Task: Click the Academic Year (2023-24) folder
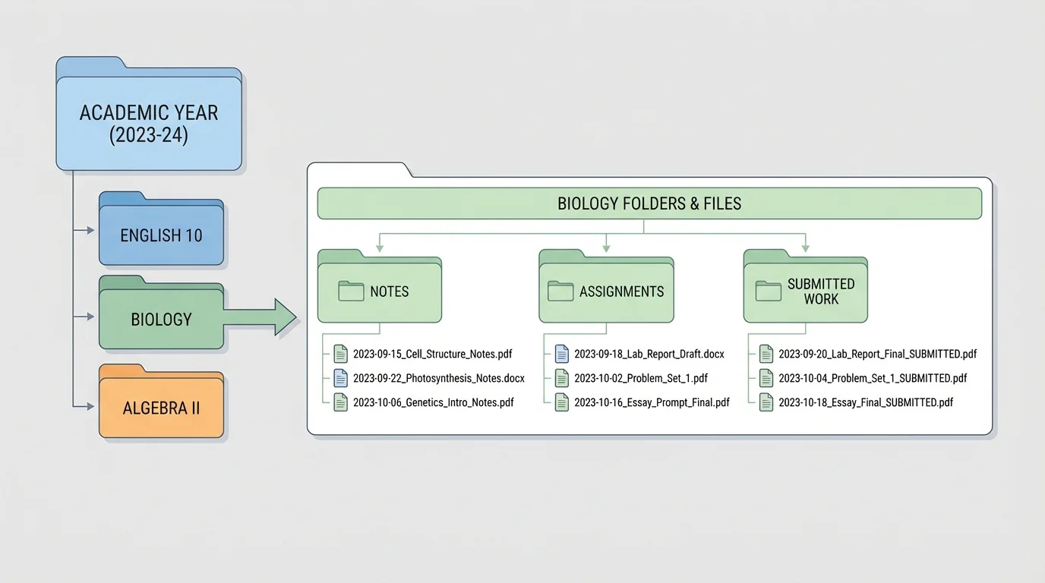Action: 149,124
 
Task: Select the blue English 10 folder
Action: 161,235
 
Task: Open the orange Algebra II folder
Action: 161,408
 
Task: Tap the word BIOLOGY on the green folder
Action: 161,320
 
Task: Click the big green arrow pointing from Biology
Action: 262,317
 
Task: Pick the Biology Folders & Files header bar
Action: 649,203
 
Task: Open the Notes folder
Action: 379,291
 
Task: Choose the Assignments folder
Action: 605,291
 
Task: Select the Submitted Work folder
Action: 805,291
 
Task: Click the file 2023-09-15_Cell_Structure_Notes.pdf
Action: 432,355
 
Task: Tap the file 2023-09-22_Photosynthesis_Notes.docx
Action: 438,378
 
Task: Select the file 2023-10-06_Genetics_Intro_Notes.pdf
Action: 433,402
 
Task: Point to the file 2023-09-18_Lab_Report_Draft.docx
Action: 649,355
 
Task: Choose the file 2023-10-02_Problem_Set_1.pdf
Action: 640,378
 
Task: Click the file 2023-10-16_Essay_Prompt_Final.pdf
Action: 652,402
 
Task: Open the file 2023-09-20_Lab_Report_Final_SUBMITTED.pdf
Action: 877,355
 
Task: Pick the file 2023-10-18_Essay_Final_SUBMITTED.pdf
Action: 865,402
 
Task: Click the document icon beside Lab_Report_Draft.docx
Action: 562,354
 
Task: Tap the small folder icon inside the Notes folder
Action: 351,291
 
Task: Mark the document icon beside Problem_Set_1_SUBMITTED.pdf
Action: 766,378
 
